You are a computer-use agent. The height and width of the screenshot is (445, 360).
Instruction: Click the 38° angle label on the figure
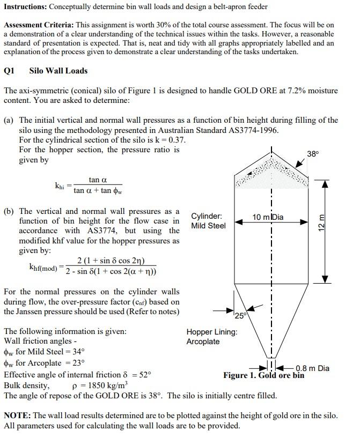tap(313, 154)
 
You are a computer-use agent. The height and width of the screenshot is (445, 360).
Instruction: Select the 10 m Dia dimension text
tap(268, 217)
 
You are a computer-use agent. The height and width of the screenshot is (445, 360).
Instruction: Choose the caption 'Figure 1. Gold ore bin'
tap(263, 375)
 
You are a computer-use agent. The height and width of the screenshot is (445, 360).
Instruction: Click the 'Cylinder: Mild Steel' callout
tap(208, 221)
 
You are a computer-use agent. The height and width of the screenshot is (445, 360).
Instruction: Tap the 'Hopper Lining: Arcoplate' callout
tap(211, 337)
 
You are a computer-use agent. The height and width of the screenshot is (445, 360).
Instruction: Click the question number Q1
tap(9, 71)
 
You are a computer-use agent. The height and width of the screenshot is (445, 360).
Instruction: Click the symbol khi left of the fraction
tap(60, 186)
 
